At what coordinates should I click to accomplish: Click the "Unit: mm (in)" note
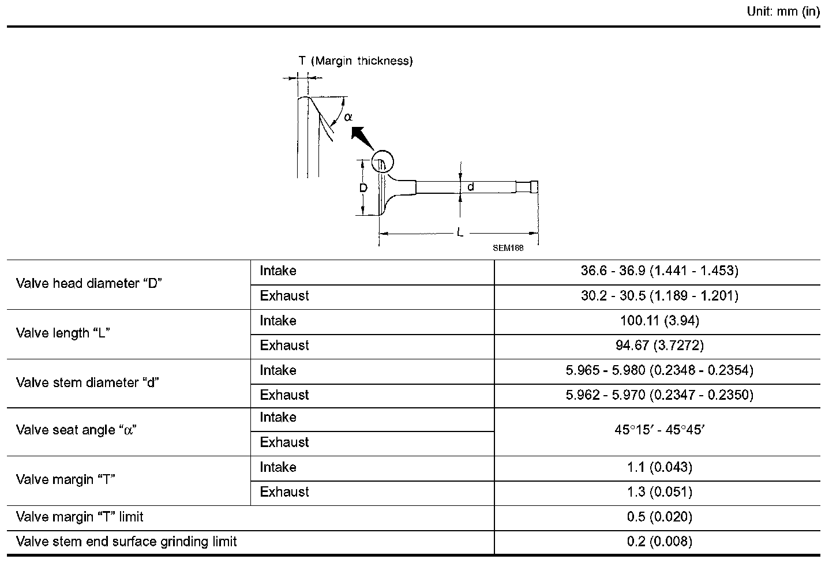pyautogui.click(x=783, y=12)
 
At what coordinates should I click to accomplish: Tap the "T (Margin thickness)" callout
pyautogui.click(x=355, y=61)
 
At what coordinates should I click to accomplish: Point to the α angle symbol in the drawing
pyautogui.click(x=348, y=117)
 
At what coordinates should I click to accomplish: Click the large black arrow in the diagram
pyautogui.click(x=362, y=139)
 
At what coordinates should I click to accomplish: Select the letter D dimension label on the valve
pyautogui.click(x=363, y=188)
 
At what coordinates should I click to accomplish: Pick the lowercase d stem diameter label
pyautogui.click(x=471, y=187)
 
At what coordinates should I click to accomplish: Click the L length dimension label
pyautogui.click(x=460, y=232)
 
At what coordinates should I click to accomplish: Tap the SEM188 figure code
pyautogui.click(x=508, y=248)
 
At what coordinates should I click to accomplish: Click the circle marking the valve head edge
pyautogui.click(x=381, y=162)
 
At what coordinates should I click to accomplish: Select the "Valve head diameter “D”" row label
pyautogui.click(x=89, y=283)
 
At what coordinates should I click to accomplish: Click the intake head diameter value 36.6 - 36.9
pyautogui.click(x=659, y=271)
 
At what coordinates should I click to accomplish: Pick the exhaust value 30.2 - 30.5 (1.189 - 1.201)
pyautogui.click(x=659, y=296)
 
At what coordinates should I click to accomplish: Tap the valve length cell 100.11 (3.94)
pyautogui.click(x=659, y=321)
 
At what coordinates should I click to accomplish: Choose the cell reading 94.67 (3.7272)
pyautogui.click(x=659, y=346)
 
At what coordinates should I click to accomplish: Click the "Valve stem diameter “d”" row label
pyautogui.click(x=88, y=382)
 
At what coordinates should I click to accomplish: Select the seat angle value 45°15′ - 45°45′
pyautogui.click(x=659, y=430)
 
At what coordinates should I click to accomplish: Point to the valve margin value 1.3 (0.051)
pyautogui.click(x=659, y=492)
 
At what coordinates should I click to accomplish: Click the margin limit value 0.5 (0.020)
pyautogui.click(x=659, y=517)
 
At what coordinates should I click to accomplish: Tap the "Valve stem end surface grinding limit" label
pyautogui.click(x=126, y=542)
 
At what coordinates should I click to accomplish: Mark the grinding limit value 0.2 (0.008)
pyautogui.click(x=659, y=542)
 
